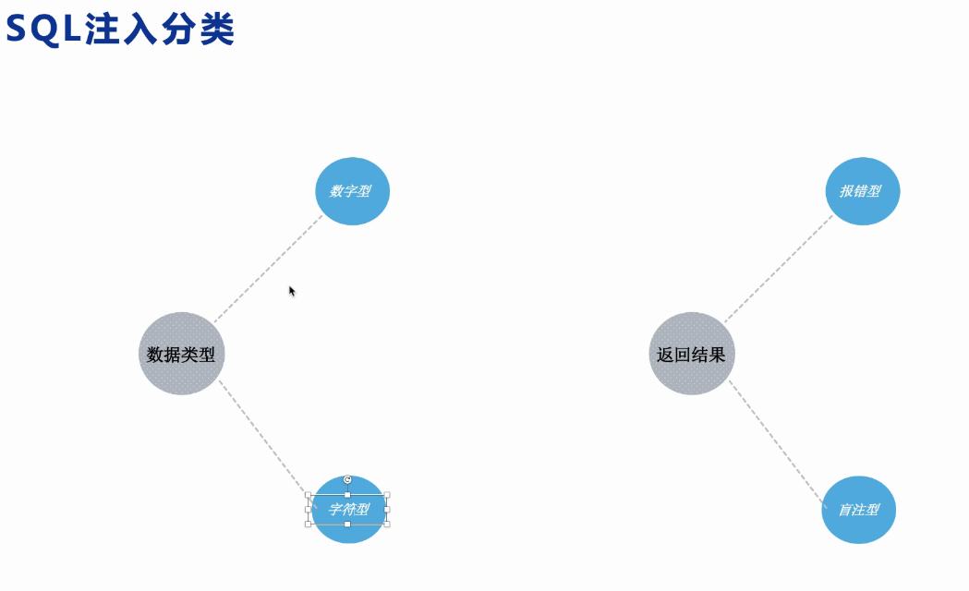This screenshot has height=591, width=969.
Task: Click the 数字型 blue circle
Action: point(353,191)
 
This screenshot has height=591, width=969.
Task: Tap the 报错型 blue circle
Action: point(862,191)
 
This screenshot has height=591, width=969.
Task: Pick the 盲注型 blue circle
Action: point(859,510)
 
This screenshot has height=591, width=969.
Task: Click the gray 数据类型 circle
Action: point(182,354)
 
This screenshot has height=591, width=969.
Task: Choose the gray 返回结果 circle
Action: point(692,354)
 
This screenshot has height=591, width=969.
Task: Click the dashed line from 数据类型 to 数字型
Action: point(268,270)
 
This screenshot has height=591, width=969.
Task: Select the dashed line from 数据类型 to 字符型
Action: point(261,434)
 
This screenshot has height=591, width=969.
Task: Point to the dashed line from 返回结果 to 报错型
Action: point(778,270)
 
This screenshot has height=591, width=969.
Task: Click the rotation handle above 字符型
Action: point(347,479)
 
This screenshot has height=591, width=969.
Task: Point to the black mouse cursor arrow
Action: point(292,291)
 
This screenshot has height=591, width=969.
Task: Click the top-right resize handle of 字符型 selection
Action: point(387,495)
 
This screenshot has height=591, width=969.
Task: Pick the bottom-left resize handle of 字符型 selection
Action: point(309,524)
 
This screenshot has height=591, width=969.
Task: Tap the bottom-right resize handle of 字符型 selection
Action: point(387,524)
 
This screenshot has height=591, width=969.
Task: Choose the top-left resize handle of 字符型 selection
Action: point(309,495)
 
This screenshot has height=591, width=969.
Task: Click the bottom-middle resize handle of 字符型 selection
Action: point(347,524)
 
